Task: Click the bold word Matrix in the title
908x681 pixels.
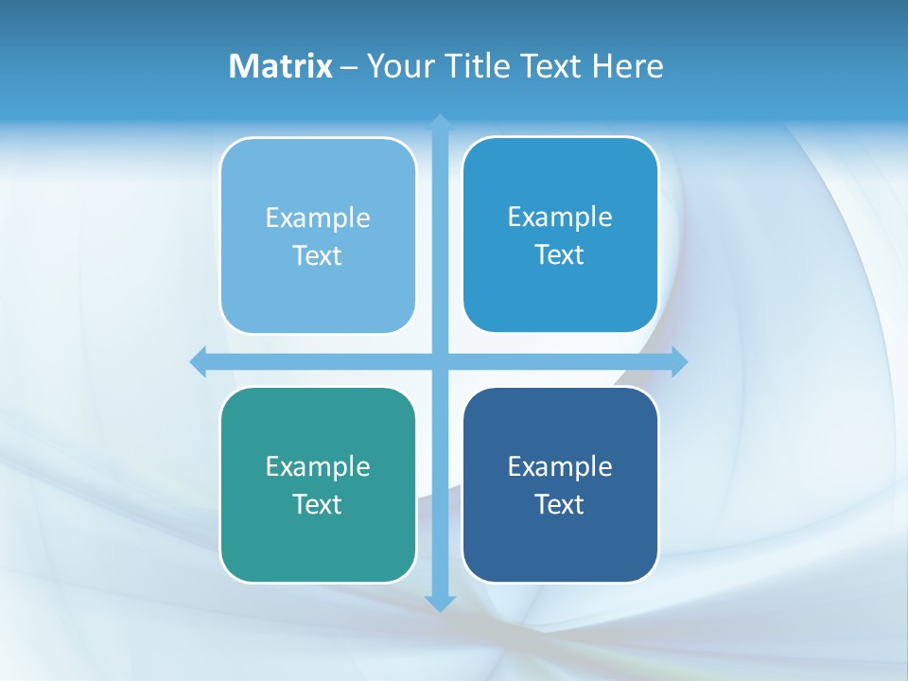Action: pyautogui.click(x=280, y=66)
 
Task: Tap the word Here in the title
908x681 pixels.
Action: pyautogui.click(x=628, y=66)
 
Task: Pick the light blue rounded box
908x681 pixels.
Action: pyautogui.click(x=318, y=284)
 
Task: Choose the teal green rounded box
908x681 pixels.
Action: pyautogui.click(x=318, y=539)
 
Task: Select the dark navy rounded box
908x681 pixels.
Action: pyautogui.click(x=560, y=539)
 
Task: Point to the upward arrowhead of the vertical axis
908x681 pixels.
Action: pyautogui.click(x=440, y=122)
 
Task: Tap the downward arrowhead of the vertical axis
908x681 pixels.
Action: pyautogui.click(x=440, y=603)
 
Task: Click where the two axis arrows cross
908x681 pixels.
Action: pyautogui.click(x=440, y=361)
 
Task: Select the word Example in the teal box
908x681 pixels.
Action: pyautogui.click(x=318, y=466)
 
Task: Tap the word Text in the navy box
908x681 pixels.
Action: pyautogui.click(x=560, y=504)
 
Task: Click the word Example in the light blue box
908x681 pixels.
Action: pyautogui.click(x=318, y=218)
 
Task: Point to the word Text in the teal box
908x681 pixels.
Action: pyautogui.click(x=318, y=504)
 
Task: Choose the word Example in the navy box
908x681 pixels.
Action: pyautogui.click(x=560, y=466)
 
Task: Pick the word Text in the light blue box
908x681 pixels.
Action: pyautogui.click(x=318, y=255)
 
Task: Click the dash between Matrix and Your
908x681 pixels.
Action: pyautogui.click(x=349, y=67)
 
